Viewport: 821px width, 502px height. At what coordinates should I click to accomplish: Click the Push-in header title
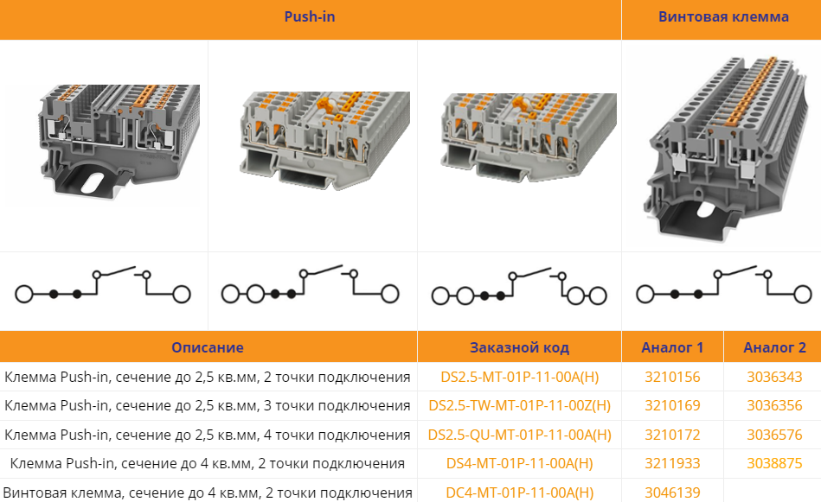click(x=310, y=16)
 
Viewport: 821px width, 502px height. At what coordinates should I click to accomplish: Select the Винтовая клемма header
click(x=723, y=16)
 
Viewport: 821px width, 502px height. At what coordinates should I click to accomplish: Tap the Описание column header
click(x=208, y=347)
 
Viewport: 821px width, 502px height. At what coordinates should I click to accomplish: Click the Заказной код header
click(x=519, y=347)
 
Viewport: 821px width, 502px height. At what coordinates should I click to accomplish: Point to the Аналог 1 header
click(x=672, y=347)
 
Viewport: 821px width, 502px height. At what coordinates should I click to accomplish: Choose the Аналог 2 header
click(x=774, y=347)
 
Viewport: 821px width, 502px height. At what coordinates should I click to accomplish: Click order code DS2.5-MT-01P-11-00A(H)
click(x=519, y=377)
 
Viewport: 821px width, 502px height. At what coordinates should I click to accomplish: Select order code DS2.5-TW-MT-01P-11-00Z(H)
click(x=519, y=406)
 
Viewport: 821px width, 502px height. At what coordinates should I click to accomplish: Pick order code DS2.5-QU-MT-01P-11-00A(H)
click(x=519, y=435)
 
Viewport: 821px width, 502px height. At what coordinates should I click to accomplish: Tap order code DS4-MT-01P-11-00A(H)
click(x=519, y=464)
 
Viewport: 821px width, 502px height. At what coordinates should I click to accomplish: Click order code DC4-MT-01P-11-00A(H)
click(x=519, y=492)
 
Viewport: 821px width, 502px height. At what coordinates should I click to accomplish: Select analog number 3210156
click(x=672, y=377)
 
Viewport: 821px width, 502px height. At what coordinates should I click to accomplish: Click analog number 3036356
click(x=774, y=406)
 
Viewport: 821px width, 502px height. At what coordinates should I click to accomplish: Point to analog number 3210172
click(x=672, y=435)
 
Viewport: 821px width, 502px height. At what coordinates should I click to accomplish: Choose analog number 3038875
click(x=774, y=464)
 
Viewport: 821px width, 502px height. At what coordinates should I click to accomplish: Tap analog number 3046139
click(x=672, y=492)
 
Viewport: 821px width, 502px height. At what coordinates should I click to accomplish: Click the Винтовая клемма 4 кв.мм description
click(x=208, y=492)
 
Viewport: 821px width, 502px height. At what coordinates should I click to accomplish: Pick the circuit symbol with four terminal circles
click(x=519, y=287)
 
